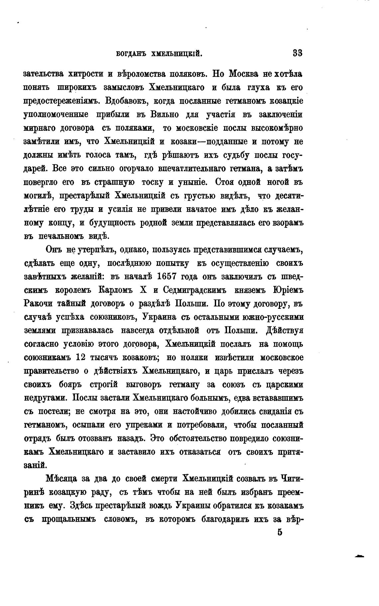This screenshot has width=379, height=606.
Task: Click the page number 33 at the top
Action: [x=297, y=53]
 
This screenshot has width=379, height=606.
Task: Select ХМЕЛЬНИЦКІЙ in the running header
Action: [x=177, y=54]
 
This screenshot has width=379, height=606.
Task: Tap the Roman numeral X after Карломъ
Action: [x=144, y=290]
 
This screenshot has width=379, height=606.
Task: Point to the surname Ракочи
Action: [x=38, y=304]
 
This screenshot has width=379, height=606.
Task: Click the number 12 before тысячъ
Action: [x=81, y=358]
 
